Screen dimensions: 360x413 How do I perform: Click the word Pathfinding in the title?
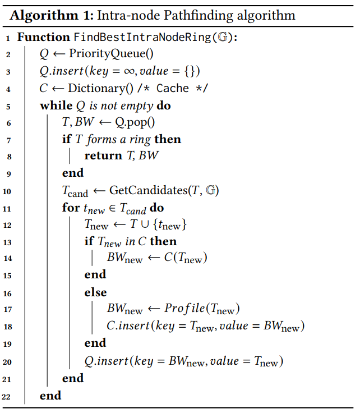[x=168, y=16]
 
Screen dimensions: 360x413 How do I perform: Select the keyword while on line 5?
[x=56, y=105]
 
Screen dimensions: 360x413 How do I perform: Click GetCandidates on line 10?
[x=143, y=190]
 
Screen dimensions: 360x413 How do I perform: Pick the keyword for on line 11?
[x=71, y=208]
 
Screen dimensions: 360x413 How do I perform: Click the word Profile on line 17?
[x=184, y=309]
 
